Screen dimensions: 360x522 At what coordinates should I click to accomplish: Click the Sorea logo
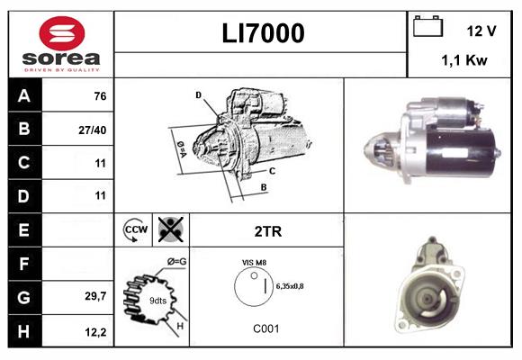[60, 44]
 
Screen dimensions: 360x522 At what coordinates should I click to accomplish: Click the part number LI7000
[263, 34]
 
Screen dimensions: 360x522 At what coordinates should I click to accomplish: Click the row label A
[24, 96]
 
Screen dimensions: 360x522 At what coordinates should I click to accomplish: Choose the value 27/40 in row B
[94, 130]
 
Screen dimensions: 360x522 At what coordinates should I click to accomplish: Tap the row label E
[24, 230]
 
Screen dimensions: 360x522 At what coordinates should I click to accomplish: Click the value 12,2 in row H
[96, 331]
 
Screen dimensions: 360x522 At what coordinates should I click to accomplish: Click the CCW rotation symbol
[135, 230]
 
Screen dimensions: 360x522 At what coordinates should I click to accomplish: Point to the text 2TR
[267, 231]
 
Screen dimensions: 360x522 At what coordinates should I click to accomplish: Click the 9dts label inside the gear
[157, 300]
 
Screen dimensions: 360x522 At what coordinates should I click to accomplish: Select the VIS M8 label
[254, 262]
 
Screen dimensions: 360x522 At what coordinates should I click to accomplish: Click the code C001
[265, 328]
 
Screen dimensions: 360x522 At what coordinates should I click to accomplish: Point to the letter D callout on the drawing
[198, 94]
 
